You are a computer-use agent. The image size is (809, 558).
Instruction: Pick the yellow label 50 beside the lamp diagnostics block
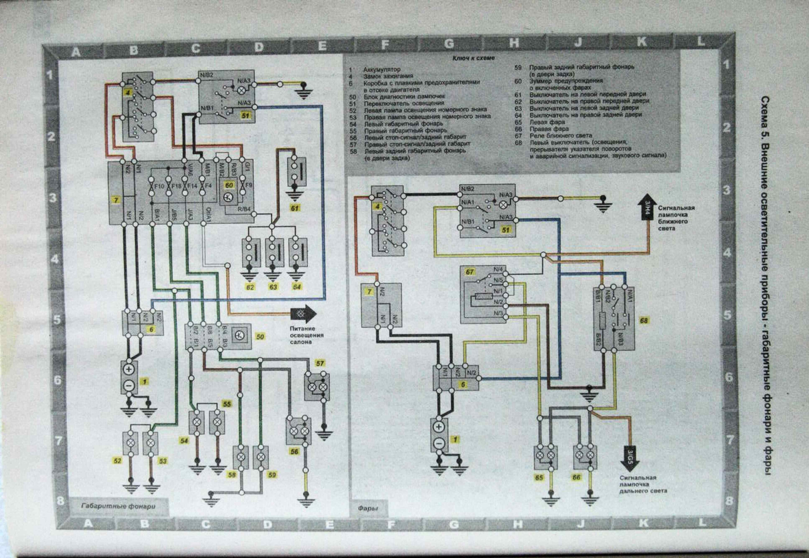click(260, 337)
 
